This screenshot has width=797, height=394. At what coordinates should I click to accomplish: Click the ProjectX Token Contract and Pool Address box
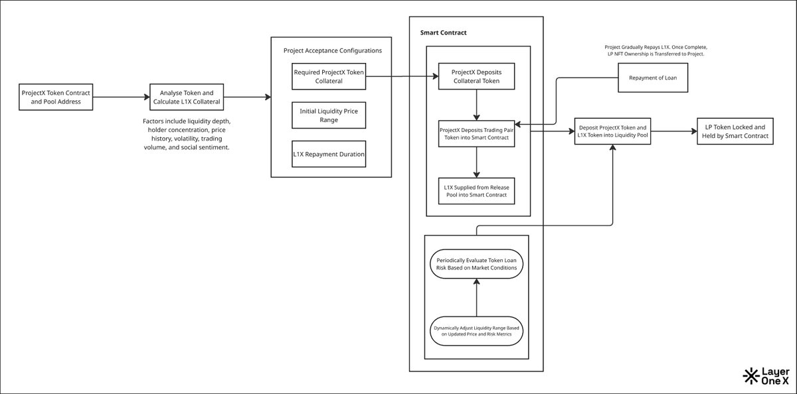[56, 97]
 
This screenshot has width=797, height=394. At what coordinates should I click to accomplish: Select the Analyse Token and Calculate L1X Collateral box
[187, 97]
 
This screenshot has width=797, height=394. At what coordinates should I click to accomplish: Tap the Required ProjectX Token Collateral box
[329, 76]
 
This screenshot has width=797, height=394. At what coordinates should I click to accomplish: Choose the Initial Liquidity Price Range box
[329, 115]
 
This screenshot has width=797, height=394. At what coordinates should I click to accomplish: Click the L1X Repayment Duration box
[329, 154]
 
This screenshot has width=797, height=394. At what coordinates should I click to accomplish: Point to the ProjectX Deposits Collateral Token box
[476, 76]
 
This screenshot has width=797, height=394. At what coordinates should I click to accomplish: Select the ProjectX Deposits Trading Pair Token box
[476, 133]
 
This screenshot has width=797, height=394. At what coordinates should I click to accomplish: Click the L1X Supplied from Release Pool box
[476, 191]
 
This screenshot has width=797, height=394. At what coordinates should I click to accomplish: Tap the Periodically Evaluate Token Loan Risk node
[476, 264]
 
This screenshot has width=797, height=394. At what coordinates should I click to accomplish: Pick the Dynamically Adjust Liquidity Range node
[476, 331]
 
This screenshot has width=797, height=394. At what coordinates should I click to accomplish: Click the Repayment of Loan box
[653, 78]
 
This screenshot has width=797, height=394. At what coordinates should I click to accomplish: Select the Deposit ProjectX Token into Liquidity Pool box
[612, 131]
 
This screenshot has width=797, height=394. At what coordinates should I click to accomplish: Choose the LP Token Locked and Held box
[735, 131]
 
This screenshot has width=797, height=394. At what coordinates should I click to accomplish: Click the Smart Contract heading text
[444, 33]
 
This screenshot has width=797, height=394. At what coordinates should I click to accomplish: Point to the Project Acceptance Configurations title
[333, 50]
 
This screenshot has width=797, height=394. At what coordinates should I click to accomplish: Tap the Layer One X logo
[766, 376]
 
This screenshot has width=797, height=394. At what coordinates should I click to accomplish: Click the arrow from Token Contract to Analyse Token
[122, 97]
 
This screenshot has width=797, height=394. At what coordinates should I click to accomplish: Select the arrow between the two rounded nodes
[476, 297]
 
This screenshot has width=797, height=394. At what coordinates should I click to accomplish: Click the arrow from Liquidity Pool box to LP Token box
[674, 131]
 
